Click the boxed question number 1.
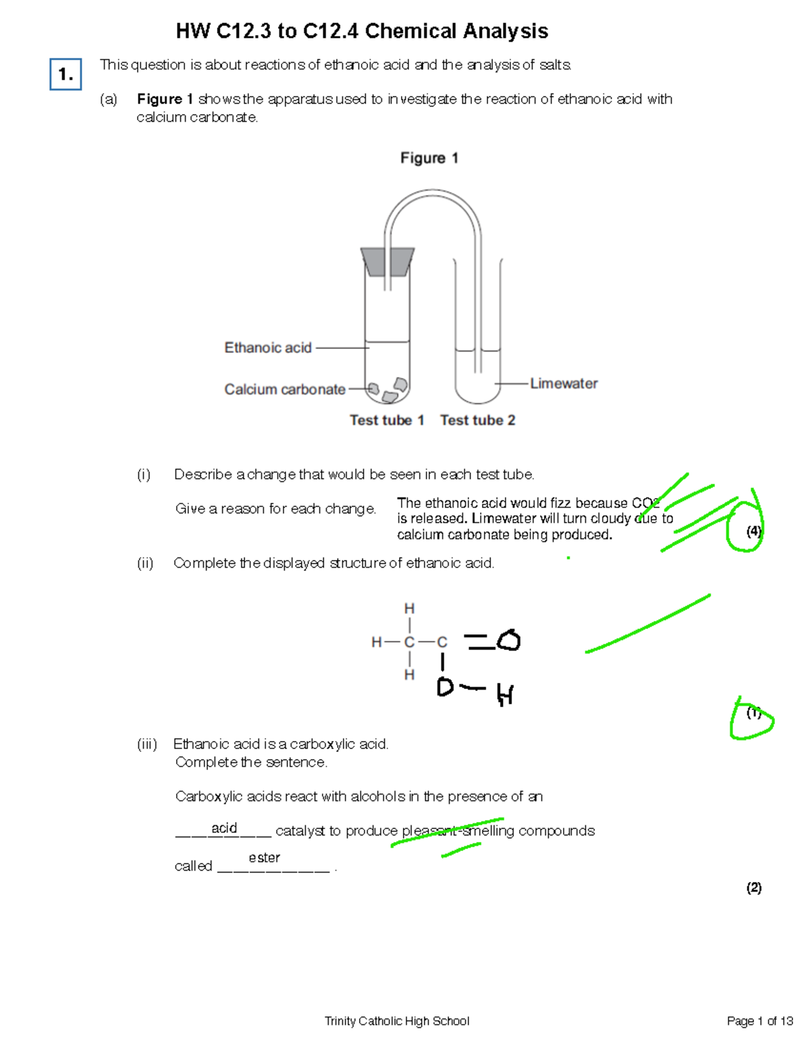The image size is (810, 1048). pos(65,74)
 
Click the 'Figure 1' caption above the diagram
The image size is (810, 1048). pos(429,158)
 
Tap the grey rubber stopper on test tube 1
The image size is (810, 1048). pos(387,261)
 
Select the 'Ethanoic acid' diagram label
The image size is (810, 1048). pos(268,348)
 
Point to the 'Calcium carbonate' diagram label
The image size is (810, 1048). pos(285,389)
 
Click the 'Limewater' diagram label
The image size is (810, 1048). pos(564,383)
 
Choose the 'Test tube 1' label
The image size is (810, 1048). pos(387,420)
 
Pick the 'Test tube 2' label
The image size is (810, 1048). pos(478,420)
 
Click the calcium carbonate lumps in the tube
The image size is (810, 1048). pos(387,390)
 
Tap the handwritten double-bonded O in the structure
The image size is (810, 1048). pos(509,640)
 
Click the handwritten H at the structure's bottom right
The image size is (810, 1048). pos(505,694)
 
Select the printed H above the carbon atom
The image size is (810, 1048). pos(409,609)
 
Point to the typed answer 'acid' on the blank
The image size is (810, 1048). pos(224,828)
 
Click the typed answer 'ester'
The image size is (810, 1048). pos(264,857)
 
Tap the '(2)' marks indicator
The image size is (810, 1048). pos(753,887)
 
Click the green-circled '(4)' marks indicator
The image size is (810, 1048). pos(753,531)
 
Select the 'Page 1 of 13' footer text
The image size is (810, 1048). pos(759,1021)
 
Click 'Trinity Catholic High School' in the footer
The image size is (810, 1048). pos(397,1021)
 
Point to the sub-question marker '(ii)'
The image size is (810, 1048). pos(145,563)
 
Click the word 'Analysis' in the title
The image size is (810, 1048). pos(505,31)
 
